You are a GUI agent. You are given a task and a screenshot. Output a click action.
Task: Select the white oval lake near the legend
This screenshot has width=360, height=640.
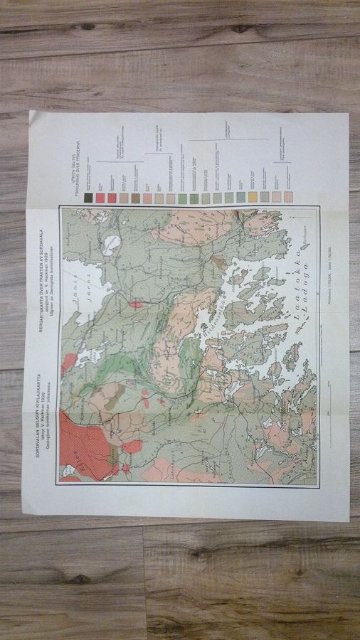click(111, 245)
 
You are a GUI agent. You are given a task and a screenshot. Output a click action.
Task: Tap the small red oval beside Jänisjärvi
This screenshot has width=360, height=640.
click(135, 304)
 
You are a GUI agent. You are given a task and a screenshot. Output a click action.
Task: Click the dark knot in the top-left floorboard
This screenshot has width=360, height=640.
click(88, 27)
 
